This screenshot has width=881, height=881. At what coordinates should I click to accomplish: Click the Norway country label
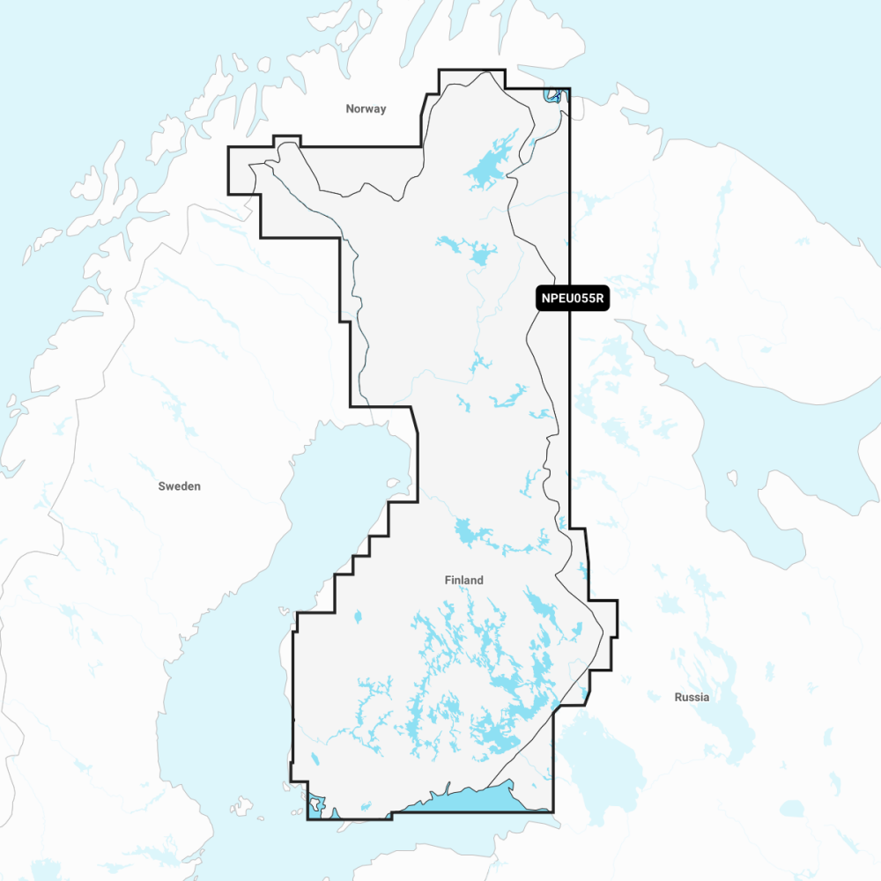(x=366, y=109)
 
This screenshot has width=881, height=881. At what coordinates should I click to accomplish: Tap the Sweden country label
(x=180, y=486)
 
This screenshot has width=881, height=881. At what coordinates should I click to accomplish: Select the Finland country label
(x=464, y=581)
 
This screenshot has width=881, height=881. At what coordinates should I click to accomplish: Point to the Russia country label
(x=692, y=697)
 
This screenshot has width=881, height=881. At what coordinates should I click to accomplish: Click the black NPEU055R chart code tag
(x=573, y=299)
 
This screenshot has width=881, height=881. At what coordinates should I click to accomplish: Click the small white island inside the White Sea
(x=731, y=478)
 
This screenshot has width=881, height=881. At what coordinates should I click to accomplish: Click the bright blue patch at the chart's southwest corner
(x=315, y=804)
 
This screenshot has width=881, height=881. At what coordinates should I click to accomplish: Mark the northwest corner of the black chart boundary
(x=229, y=148)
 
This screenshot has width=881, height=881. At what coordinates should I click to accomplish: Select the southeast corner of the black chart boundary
(x=552, y=811)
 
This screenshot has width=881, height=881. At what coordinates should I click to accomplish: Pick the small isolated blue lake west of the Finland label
(x=359, y=617)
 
